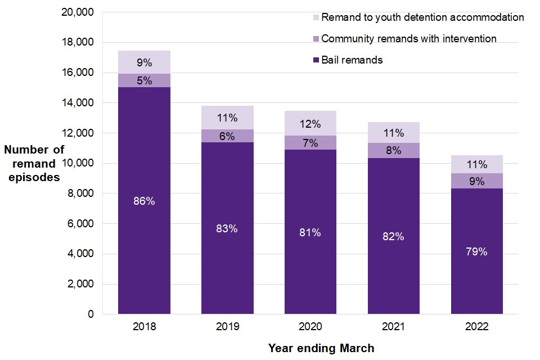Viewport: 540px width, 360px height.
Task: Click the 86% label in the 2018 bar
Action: point(144,201)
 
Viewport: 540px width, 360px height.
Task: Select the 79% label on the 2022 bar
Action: point(476,251)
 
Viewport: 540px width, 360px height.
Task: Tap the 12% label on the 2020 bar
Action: point(310,124)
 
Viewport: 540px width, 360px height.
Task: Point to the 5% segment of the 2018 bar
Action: point(144,80)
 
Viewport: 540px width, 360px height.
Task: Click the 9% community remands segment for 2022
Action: point(476,182)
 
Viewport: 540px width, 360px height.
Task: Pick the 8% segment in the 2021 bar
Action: point(394,151)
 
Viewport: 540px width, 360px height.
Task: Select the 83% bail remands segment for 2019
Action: point(227,228)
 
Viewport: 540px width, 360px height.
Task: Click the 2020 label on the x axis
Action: point(310,327)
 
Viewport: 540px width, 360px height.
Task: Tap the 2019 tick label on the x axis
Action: point(227,327)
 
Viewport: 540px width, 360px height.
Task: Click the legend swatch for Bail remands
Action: point(316,60)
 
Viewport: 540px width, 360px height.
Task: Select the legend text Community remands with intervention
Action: point(409,39)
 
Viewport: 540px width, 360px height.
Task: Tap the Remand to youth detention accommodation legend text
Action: point(422,17)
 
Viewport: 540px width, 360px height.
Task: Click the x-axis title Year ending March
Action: point(321,349)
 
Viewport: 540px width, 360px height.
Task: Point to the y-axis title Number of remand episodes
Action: point(34,164)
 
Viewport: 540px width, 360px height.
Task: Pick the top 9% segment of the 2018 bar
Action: point(144,62)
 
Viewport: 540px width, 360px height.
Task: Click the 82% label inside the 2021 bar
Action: point(394,237)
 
